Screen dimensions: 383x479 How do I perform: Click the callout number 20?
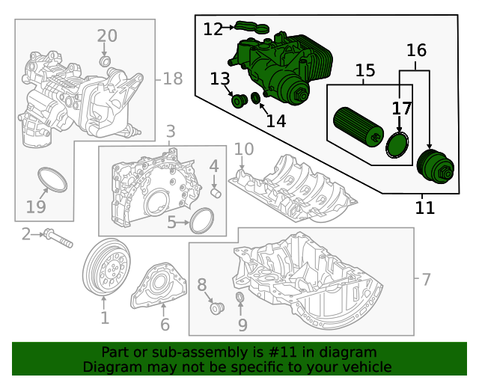[107, 35]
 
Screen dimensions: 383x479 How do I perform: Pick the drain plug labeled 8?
[217, 307]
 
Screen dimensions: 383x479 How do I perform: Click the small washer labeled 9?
[240, 301]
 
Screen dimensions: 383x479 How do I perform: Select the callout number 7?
[426, 280]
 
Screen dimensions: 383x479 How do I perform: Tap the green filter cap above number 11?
[433, 166]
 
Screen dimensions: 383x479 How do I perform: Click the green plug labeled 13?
[239, 102]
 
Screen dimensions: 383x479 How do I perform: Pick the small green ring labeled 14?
[256, 98]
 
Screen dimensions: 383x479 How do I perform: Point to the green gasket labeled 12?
[252, 28]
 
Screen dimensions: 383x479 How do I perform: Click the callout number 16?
[416, 50]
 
